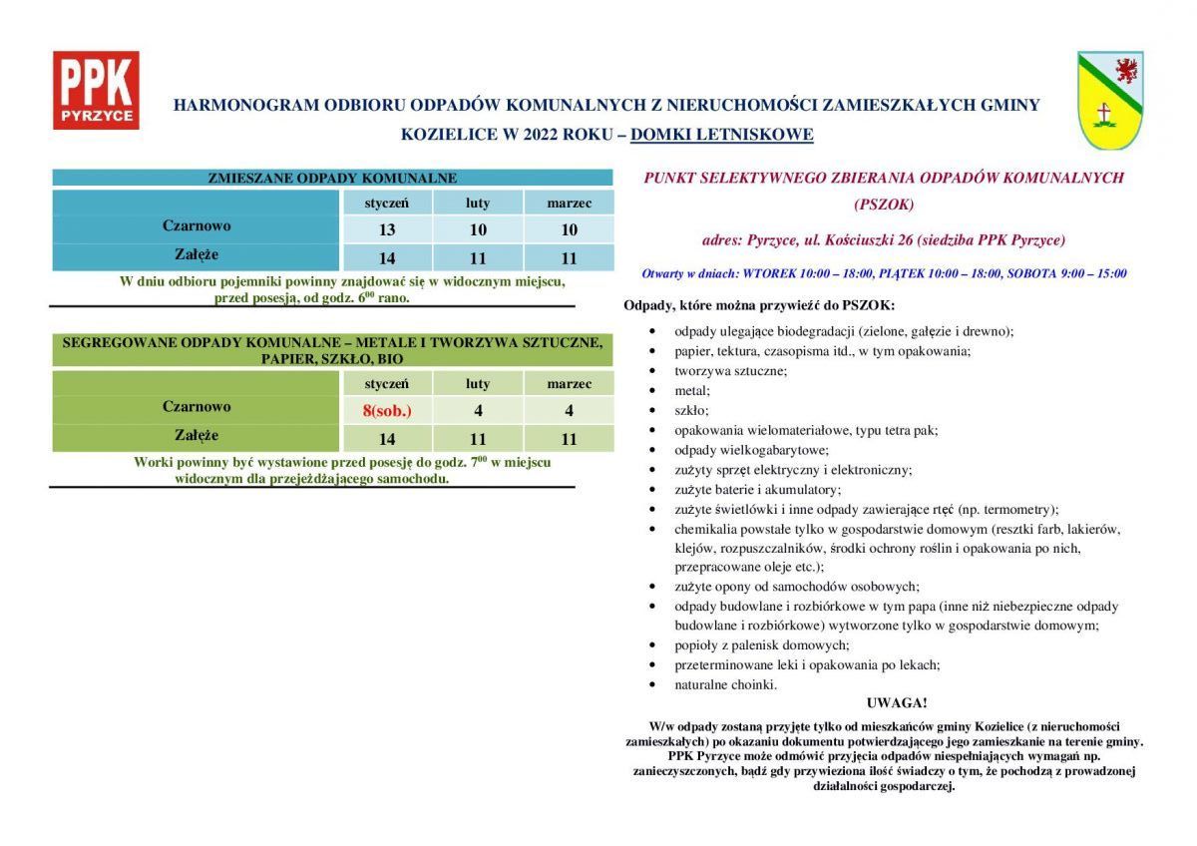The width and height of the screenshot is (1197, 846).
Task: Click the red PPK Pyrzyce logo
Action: (96, 91)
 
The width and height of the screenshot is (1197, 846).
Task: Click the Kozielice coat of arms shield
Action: (1109, 100)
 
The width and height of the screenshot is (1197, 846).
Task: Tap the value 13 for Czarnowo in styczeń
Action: (387, 229)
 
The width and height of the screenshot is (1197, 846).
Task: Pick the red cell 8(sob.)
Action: (387, 410)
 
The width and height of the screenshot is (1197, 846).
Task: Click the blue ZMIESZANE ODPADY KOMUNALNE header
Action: (332, 179)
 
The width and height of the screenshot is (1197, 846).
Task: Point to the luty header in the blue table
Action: (478, 203)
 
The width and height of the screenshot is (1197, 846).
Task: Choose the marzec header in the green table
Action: (569, 383)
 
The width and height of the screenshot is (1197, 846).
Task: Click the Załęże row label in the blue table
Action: (197, 255)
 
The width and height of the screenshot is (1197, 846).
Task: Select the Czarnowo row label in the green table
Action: (197, 407)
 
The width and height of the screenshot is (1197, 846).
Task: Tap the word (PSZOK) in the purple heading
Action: (883, 205)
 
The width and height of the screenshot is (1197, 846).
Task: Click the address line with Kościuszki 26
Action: (883, 240)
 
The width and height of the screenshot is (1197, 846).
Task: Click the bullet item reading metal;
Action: (692, 390)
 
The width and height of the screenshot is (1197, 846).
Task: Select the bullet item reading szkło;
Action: (691, 410)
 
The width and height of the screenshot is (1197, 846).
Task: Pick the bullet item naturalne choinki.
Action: (725, 684)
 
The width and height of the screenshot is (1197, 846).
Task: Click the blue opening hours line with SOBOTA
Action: (884, 273)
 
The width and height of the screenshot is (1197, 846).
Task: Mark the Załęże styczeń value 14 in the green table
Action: (387, 439)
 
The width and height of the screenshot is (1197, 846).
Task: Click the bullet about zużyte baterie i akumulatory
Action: (757, 489)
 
